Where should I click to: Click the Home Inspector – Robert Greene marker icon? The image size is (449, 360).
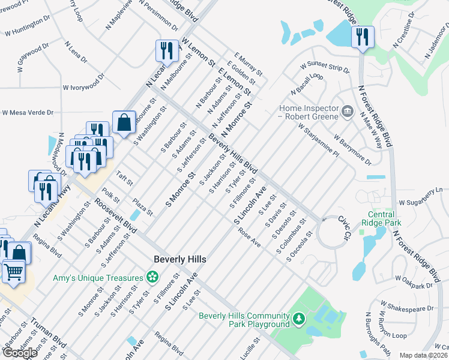(x=347, y=112)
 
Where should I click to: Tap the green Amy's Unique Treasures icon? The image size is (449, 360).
(x=153, y=277)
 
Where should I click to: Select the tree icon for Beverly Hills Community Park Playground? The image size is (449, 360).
(x=298, y=317)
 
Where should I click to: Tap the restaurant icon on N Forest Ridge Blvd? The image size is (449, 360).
(x=363, y=37)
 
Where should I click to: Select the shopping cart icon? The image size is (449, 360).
(x=13, y=271)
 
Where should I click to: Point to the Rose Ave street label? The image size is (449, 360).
(x=249, y=237)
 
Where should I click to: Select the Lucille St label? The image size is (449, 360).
(x=250, y=347)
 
